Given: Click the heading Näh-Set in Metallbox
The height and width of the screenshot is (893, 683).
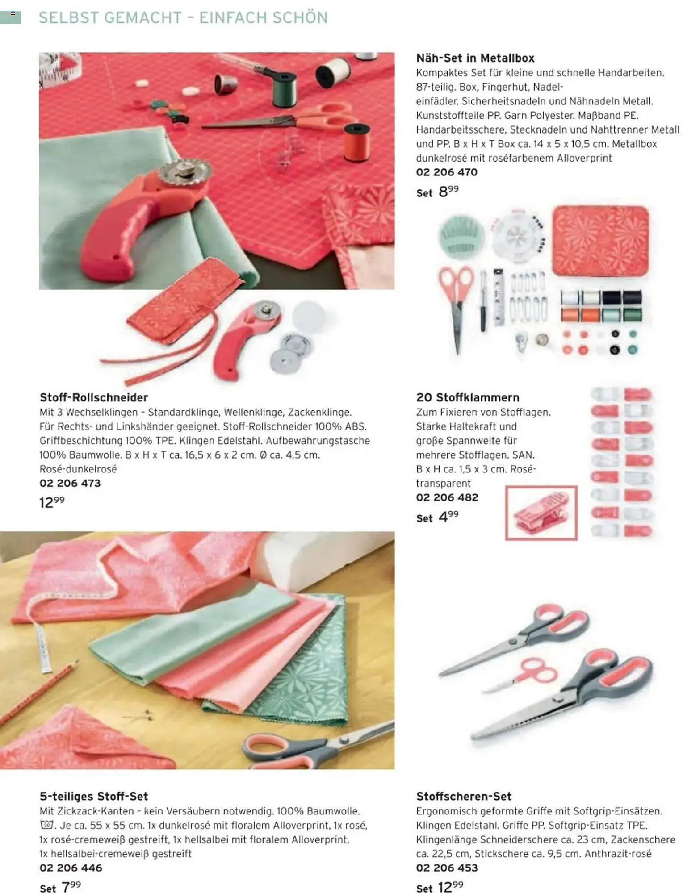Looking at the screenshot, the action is (475, 58).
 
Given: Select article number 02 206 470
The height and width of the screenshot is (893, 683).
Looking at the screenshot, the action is (447, 172).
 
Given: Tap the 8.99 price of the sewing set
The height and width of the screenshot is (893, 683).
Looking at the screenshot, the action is (448, 191).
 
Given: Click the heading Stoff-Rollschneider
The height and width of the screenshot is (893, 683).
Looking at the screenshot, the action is (94, 397).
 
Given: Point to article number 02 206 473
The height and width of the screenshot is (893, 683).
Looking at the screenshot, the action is (70, 483).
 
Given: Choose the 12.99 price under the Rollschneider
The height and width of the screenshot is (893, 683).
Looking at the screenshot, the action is (52, 502).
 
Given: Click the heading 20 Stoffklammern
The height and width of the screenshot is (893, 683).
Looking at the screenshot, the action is (468, 397).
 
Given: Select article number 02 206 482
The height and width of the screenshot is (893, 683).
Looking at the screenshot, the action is (447, 497).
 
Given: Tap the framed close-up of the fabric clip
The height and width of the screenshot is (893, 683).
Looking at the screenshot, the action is (541, 513).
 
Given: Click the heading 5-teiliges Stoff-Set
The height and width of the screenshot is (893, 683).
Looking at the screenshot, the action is (94, 796).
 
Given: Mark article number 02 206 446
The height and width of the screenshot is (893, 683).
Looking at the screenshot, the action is (71, 868).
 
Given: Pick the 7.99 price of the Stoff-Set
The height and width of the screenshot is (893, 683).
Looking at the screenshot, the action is (71, 886).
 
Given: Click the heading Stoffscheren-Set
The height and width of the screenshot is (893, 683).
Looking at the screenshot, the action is (464, 796).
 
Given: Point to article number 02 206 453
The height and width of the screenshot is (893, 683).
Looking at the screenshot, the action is (447, 868).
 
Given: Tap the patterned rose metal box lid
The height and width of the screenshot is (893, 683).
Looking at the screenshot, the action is (600, 240).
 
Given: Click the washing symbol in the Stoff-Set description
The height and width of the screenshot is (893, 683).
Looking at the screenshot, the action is (46, 825).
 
